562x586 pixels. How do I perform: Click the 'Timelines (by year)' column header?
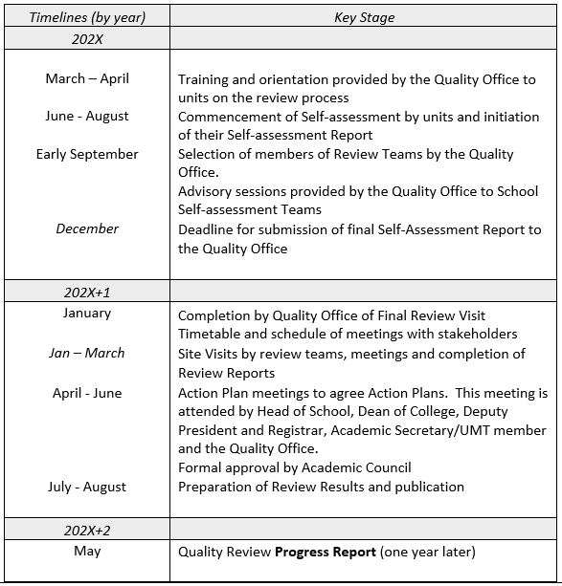87,17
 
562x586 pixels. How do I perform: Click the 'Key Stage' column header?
364,17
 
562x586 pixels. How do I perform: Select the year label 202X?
87,38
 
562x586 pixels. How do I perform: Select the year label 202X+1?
87,291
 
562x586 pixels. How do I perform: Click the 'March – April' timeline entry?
87,78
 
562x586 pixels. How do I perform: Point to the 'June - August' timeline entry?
87,116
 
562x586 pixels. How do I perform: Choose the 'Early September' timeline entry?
87,154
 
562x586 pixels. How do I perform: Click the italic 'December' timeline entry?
87,228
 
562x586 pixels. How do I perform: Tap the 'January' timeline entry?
87,313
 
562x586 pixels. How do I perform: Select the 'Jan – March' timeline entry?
87,353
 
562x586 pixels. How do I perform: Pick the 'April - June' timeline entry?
87,393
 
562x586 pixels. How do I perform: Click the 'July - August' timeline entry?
87,487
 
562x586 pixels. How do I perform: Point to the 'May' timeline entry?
87,551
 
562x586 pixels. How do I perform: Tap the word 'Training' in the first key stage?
204,79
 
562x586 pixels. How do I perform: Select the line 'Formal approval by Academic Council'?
294,467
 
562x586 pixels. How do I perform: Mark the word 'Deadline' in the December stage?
207,229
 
